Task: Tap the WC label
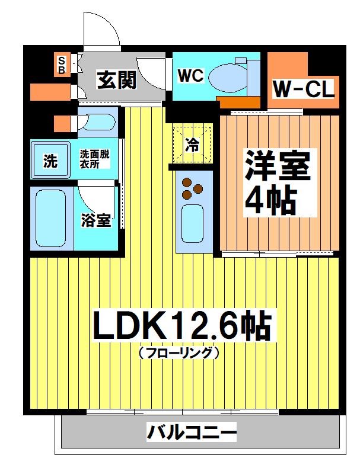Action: click(x=190, y=76)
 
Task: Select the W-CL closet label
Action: click(x=304, y=90)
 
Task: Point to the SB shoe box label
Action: click(x=61, y=65)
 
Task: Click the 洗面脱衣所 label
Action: click(x=95, y=159)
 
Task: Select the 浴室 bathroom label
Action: click(x=95, y=221)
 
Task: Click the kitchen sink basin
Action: click(x=193, y=220)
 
